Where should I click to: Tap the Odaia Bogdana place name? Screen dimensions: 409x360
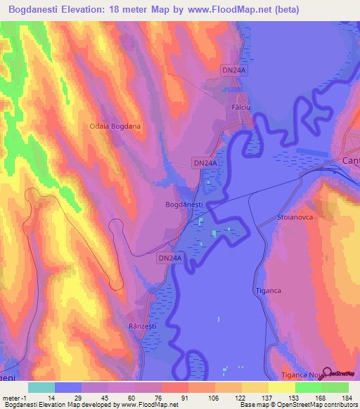(115, 126)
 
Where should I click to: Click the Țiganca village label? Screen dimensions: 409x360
(267, 290)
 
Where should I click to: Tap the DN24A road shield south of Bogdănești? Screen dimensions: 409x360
(169, 259)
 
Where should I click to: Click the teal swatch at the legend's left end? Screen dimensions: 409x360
(41, 387)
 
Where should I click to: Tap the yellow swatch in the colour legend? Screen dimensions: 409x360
(281, 387)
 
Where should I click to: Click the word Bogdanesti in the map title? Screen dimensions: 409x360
(39, 10)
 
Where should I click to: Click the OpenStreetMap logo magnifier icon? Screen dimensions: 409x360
(326, 373)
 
